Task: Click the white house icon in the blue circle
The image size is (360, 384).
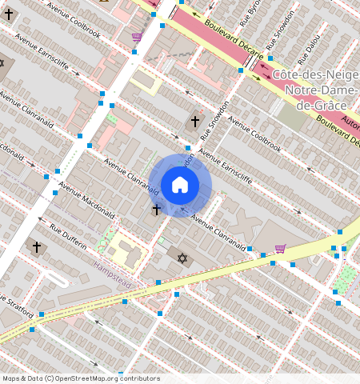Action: [180, 185]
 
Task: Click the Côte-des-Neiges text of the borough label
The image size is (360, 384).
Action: [315, 74]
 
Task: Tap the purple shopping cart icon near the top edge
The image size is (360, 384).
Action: [137, 37]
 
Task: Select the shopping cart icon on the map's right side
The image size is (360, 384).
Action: [279, 249]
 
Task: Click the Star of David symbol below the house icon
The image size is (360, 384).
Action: [182, 259]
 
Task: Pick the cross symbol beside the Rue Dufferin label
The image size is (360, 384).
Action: [36, 247]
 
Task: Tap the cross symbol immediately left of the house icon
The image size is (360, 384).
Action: [156, 210]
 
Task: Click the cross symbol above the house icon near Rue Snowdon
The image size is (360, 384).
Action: [194, 122]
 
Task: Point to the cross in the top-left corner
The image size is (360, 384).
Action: [9, 14]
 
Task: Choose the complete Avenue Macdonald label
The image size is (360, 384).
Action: [86, 205]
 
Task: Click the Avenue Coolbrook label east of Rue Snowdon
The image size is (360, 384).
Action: [254, 134]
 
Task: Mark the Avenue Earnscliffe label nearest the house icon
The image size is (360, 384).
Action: [226, 167]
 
